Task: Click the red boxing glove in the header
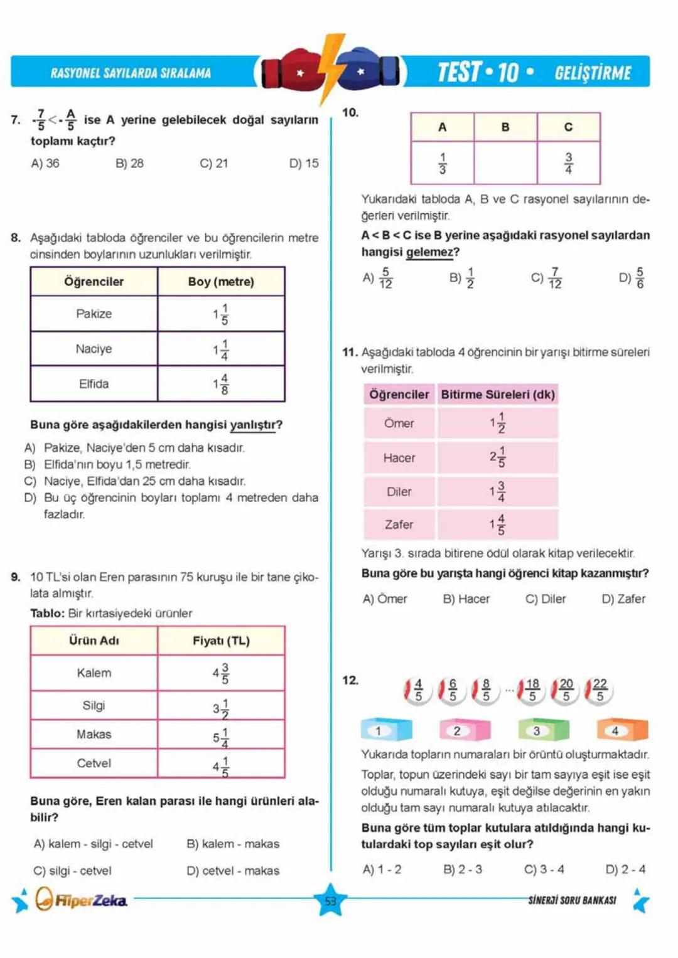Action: click(x=290, y=71)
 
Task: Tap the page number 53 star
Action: click(x=330, y=901)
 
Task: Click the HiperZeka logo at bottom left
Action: click(x=82, y=900)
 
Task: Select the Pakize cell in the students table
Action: click(x=94, y=314)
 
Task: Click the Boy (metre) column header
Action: click(x=221, y=282)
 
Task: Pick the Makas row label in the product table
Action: click(x=94, y=734)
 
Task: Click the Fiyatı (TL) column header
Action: click(x=221, y=641)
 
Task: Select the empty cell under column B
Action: click(x=505, y=163)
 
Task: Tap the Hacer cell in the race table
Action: click(x=399, y=458)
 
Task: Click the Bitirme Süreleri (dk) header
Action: click(x=497, y=395)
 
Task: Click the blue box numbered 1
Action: click(x=385, y=730)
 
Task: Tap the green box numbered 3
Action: click(x=542, y=730)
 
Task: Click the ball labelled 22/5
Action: click(x=599, y=691)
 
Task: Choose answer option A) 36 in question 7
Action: click(x=45, y=163)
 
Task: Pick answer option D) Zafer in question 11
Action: click(x=623, y=599)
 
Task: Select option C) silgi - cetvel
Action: click(x=72, y=871)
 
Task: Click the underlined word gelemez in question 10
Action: click(x=429, y=252)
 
